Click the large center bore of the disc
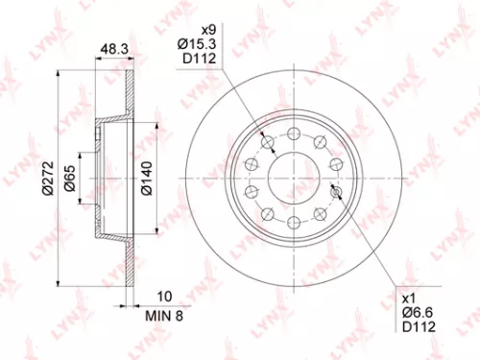(292, 178)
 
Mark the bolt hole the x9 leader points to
(269, 143)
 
